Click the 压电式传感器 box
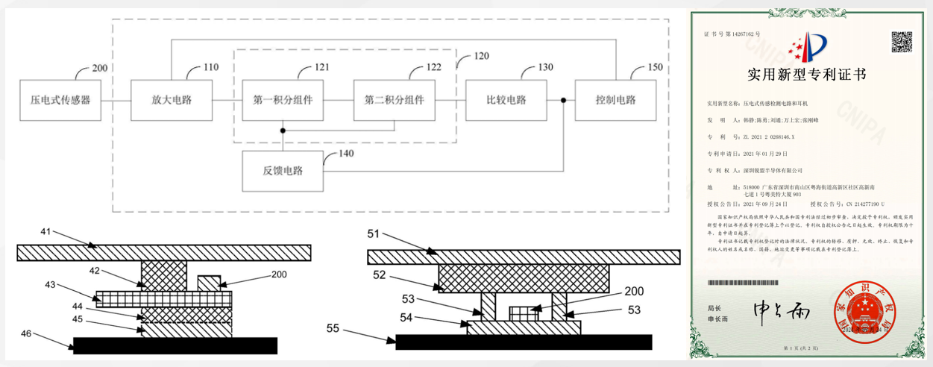tap(60, 99)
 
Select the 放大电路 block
tap(171, 99)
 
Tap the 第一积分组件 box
tap(282, 99)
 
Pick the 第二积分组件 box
tap(394, 99)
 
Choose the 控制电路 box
tap(616, 99)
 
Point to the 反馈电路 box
tap(283, 171)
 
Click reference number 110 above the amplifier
tap(210, 67)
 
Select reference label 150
tap(654, 67)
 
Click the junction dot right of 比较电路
tap(564, 99)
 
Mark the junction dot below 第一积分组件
tap(283, 131)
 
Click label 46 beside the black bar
tap(26, 333)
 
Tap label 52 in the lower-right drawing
tap(377, 275)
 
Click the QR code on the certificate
tap(902, 42)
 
